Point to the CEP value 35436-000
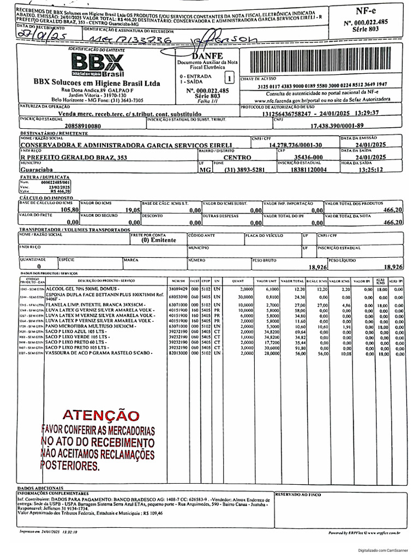click(x=309, y=157)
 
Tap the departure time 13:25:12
click(x=371, y=170)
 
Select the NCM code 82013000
click(x=178, y=354)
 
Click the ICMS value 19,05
click(x=133, y=210)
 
